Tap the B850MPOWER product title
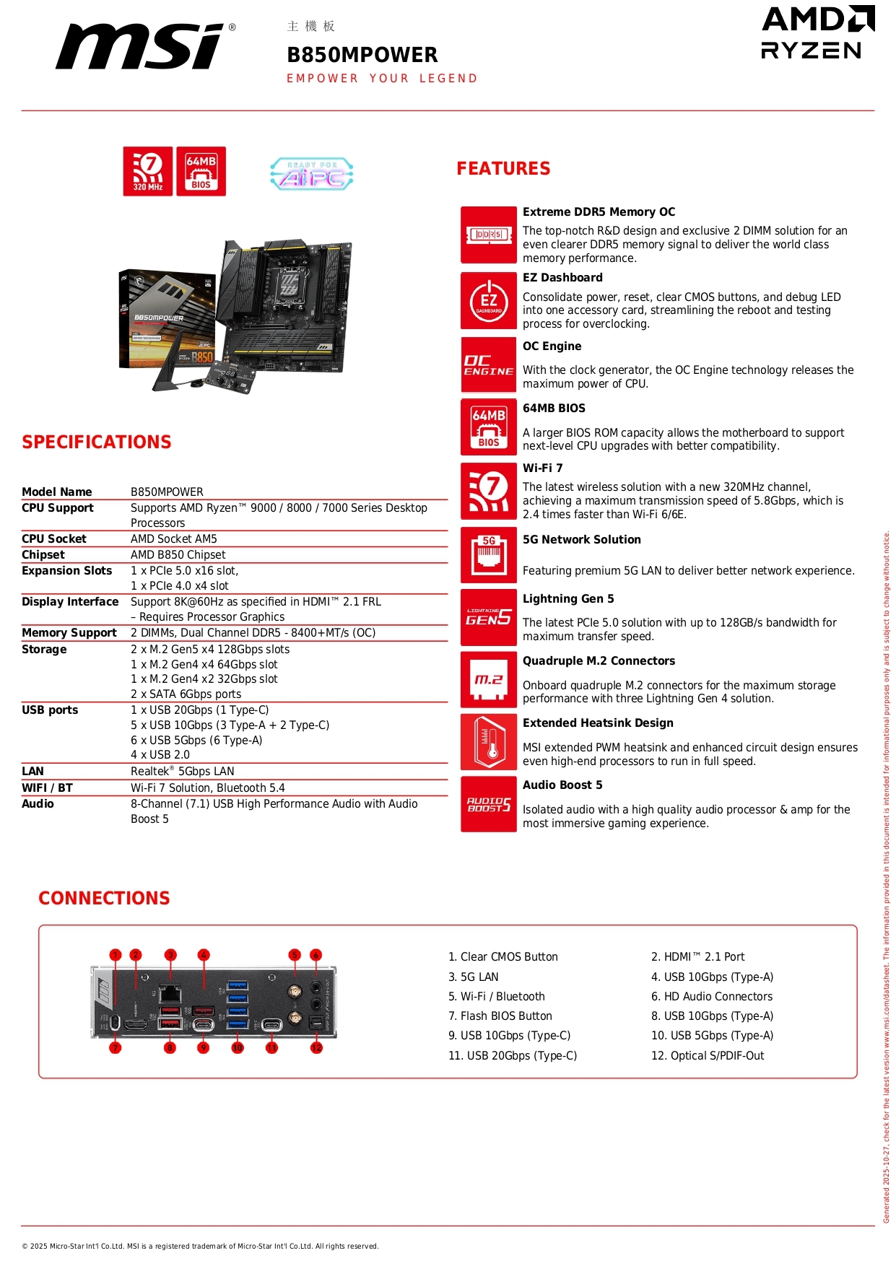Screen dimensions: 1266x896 coord(362,55)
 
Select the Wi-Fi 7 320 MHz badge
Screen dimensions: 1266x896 coord(148,171)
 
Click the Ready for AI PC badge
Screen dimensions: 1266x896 coord(311,174)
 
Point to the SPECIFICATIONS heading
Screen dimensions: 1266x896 coord(97,442)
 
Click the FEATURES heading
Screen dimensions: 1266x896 coord(503,169)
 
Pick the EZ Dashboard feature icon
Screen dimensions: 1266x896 coord(489,301)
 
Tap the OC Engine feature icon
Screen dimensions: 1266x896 coord(489,365)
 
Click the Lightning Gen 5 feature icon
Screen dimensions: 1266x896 coord(489,617)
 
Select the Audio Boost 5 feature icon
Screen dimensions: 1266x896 coord(489,804)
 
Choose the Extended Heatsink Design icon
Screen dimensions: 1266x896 coord(489,742)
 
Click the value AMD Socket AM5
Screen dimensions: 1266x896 coord(174,539)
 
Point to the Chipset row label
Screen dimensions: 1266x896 coord(43,555)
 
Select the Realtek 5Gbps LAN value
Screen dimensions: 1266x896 coord(183,772)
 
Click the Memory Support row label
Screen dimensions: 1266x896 coord(69,633)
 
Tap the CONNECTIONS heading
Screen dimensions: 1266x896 coord(104,898)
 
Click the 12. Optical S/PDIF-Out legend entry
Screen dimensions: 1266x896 coord(708,1055)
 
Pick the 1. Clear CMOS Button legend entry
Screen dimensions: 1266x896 coord(503,957)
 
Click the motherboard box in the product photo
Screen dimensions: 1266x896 coord(168,320)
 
